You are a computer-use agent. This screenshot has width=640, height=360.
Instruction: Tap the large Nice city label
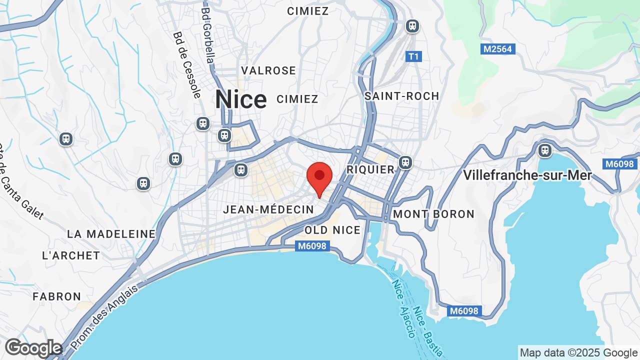point(241,99)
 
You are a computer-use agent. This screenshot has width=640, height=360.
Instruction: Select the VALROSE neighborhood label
point(268,70)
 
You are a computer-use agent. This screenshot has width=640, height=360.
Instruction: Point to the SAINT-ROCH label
point(402,96)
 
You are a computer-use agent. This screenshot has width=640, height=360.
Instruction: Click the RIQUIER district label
point(370,169)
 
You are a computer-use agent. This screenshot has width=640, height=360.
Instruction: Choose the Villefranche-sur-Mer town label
point(527,175)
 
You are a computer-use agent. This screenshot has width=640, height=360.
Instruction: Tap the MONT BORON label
point(433,214)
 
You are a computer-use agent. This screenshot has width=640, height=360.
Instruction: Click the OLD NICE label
point(332,230)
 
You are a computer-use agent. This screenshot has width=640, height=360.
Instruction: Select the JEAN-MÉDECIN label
point(268,209)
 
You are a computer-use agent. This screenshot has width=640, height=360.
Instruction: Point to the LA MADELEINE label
point(111,234)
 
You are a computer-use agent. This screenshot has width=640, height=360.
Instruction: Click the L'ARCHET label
point(71,255)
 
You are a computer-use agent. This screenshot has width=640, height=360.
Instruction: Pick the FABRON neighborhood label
point(57,296)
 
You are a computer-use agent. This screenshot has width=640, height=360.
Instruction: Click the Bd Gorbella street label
point(208,35)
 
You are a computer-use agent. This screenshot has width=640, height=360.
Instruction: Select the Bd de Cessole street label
point(187,65)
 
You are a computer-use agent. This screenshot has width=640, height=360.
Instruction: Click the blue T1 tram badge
point(413,56)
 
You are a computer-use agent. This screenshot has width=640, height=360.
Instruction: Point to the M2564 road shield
point(498,49)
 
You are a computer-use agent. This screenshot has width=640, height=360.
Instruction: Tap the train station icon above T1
point(412,25)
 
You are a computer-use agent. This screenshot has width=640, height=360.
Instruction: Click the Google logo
point(33,348)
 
